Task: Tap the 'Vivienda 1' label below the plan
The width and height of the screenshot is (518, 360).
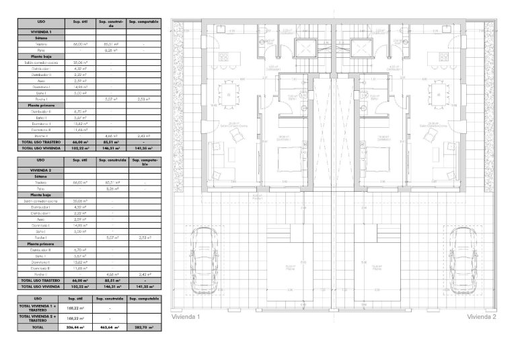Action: (186, 316)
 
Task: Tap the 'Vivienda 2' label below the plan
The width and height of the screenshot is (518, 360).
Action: (481, 316)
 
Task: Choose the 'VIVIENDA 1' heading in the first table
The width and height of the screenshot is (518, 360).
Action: (40, 32)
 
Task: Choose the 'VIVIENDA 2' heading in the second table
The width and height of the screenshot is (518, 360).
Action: (40, 172)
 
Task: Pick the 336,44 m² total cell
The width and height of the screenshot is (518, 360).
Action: (71, 328)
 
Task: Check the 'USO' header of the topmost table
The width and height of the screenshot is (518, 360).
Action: (40, 22)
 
